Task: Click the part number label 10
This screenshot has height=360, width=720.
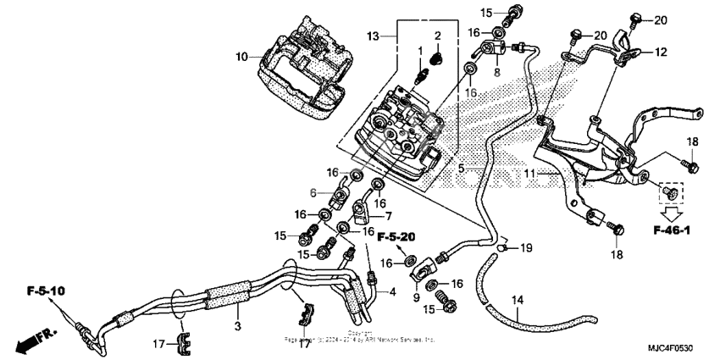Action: (x=241, y=58)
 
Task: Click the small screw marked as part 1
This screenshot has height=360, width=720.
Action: (x=419, y=75)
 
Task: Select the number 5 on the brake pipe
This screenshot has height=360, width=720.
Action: (x=462, y=169)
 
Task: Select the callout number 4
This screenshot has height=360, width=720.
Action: (x=391, y=292)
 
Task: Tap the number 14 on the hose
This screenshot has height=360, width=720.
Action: (x=518, y=300)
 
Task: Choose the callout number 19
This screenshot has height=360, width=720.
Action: (x=526, y=247)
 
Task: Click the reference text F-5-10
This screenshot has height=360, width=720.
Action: (x=46, y=291)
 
